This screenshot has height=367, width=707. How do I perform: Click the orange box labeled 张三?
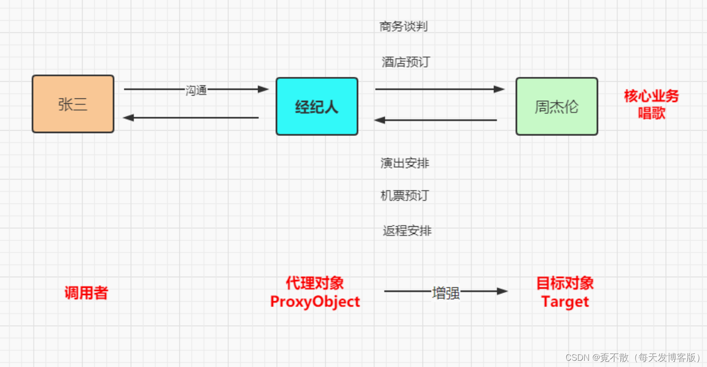pyautogui.click(x=73, y=104)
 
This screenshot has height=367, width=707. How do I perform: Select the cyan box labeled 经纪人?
pyautogui.click(x=317, y=107)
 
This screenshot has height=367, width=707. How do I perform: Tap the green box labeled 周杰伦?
pyautogui.click(x=557, y=107)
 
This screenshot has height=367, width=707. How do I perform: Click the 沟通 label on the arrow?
pyautogui.click(x=196, y=90)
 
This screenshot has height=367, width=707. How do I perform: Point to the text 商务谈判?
pyautogui.click(x=403, y=26)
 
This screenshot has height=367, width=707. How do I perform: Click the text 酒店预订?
pyautogui.click(x=406, y=62)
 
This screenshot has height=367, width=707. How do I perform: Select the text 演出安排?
pyautogui.click(x=405, y=163)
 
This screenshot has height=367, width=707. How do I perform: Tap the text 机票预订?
pyautogui.click(x=405, y=196)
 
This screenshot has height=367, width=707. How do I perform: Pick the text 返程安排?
pyautogui.click(x=407, y=231)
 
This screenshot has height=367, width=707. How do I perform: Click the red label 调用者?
pyautogui.click(x=86, y=293)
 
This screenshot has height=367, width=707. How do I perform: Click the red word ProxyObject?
pyautogui.click(x=315, y=302)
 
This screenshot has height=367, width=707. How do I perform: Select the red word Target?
pyautogui.click(x=565, y=302)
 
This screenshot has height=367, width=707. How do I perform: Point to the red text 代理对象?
pyautogui.click(x=315, y=283)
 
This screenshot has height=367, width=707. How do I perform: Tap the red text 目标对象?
pyautogui.click(x=565, y=283)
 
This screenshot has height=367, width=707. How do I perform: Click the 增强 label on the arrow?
pyautogui.click(x=446, y=293)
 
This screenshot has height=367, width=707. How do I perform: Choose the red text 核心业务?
pyautogui.click(x=651, y=96)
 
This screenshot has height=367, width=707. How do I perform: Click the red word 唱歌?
pyautogui.click(x=651, y=113)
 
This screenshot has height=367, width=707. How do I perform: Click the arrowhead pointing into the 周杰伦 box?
pyautogui.click(x=499, y=89)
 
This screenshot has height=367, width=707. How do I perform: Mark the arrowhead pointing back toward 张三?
pyautogui.click(x=129, y=118)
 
